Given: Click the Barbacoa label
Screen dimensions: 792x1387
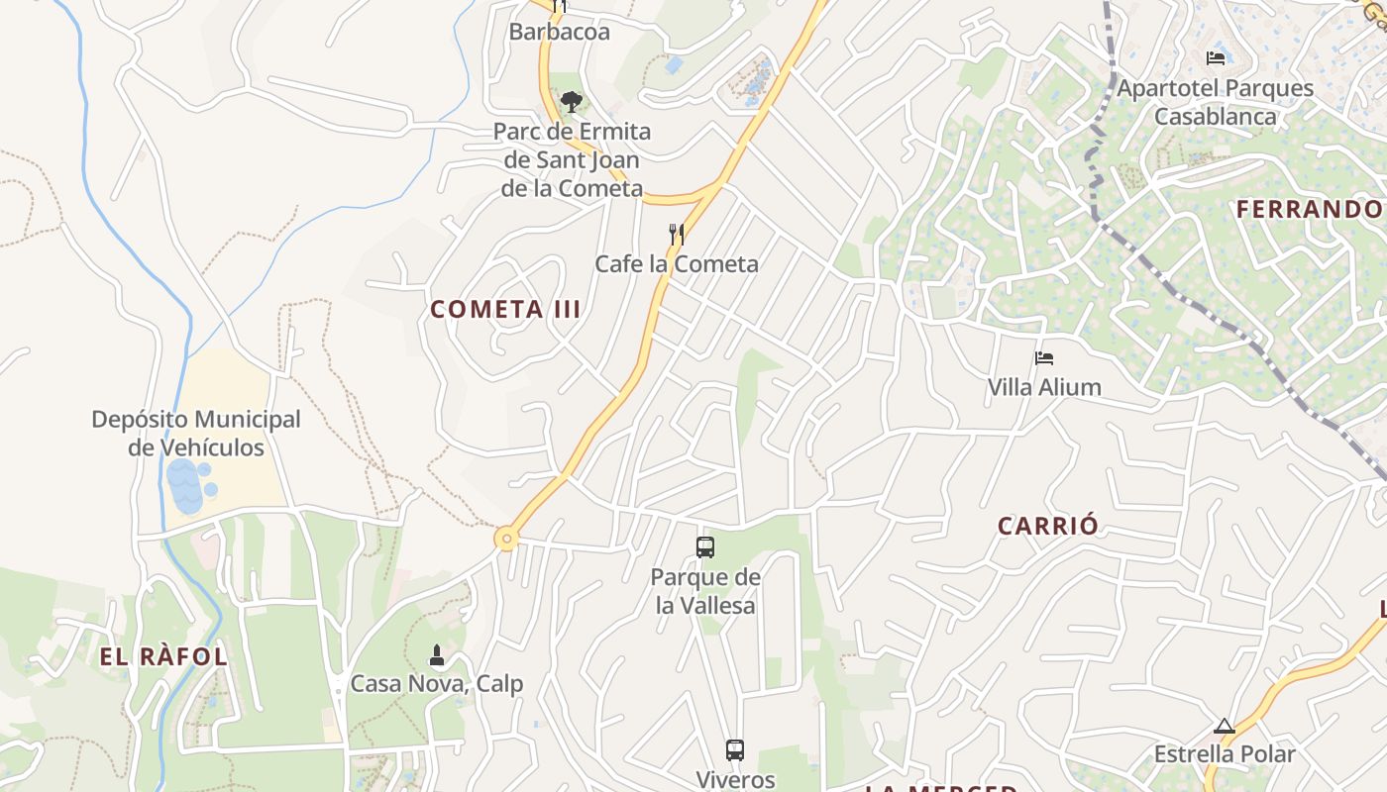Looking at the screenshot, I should click(559, 32).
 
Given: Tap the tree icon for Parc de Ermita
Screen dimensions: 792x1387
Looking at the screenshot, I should click(571, 100).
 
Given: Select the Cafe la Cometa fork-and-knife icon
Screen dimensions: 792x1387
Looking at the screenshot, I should click(677, 235).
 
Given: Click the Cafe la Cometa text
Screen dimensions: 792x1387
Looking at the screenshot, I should click(677, 264).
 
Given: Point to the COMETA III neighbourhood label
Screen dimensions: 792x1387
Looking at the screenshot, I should click(505, 310).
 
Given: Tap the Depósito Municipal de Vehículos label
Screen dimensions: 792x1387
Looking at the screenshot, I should click(196, 434).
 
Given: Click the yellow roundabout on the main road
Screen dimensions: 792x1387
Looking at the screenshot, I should click(507, 539).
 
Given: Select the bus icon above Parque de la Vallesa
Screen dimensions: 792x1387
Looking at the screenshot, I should click(705, 546).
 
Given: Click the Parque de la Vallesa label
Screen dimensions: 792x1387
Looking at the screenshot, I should click(705, 591).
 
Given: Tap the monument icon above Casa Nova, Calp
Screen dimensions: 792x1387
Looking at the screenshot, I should click(436, 655).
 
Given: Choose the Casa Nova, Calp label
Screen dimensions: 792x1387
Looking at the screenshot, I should click(436, 684).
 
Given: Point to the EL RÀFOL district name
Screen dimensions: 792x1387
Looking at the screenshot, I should click(163, 656).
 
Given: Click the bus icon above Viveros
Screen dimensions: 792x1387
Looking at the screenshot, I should click(734, 750).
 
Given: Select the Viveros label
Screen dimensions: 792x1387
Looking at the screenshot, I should click(734, 779).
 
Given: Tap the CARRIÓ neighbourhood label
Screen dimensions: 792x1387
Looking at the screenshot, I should click(1048, 526).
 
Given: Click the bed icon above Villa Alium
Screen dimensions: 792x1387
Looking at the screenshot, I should click(1044, 358).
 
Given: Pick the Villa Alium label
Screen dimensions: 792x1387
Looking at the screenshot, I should click(1044, 387).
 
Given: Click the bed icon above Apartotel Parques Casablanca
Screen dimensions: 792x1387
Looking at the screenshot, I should click(1216, 58).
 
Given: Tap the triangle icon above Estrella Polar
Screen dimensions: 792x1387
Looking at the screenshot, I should click(1225, 727).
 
